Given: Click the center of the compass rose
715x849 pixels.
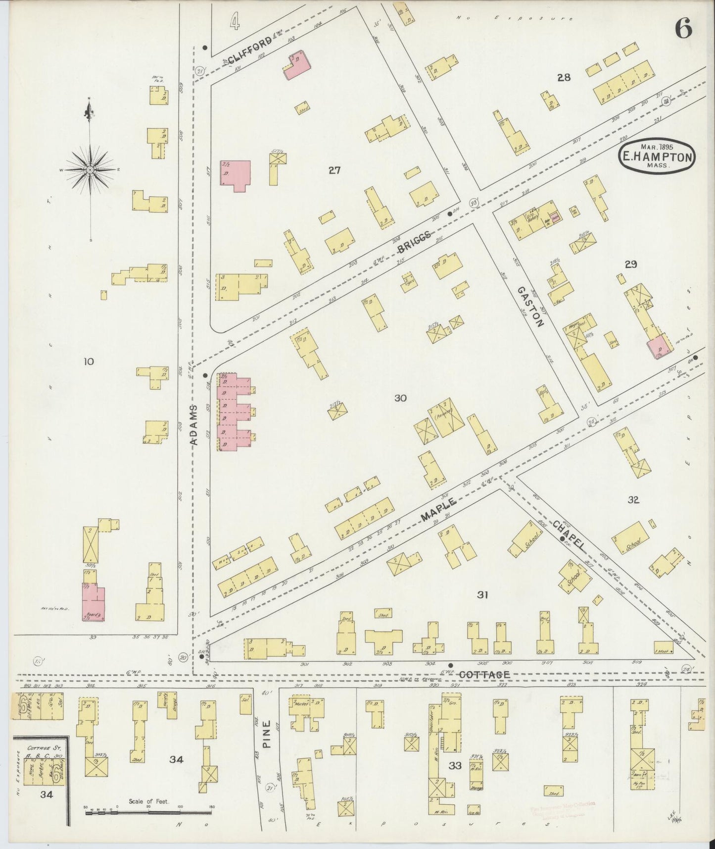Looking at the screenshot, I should click(x=90, y=170).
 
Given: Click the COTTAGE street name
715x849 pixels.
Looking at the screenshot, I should click(x=484, y=675).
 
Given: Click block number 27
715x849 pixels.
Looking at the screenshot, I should click(x=334, y=170).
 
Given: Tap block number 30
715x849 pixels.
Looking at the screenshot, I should click(x=400, y=397).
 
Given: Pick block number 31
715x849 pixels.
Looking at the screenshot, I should click(x=482, y=595).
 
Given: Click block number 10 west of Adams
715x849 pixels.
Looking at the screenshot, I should click(x=88, y=362).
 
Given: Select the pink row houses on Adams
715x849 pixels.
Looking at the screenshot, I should click(x=235, y=412).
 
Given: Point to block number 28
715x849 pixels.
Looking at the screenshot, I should click(x=564, y=77).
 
